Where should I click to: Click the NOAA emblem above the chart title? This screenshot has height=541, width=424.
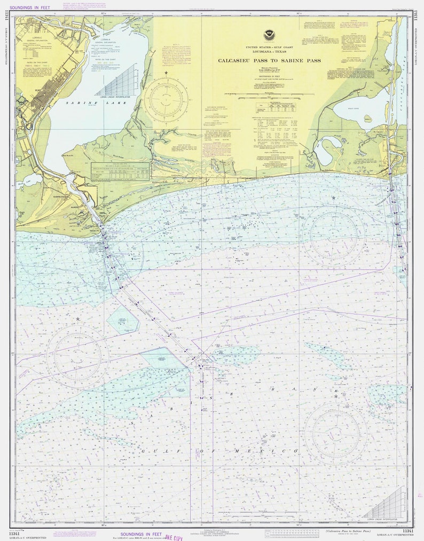pyautogui.click(x=269, y=36)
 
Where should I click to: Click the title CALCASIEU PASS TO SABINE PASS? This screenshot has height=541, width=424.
pyautogui.click(x=269, y=61)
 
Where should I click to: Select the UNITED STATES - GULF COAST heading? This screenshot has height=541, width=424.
pyautogui.click(x=269, y=47)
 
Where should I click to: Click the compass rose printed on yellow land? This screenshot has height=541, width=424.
pyautogui.click(x=166, y=100)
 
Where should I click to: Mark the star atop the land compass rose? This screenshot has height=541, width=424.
pyautogui.click(x=166, y=73)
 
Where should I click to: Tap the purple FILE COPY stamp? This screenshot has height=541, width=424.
pyautogui.click(x=174, y=537)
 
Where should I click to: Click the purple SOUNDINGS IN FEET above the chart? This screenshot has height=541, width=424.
pyautogui.click(x=29, y=7)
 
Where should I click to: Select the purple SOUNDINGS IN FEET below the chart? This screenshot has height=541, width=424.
pyautogui.click(x=141, y=534)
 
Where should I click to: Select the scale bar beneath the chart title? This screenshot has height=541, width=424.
pyautogui.click(x=269, y=94)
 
